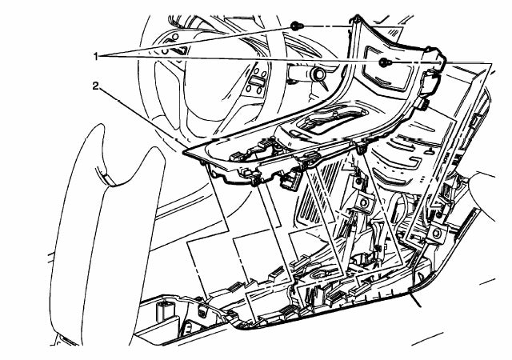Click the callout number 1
[x=95, y=57]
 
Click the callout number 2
[x=95, y=86]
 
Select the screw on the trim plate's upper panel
[x=385, y=62]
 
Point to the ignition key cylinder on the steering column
[x=317, y=75]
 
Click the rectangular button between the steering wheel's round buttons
[x=255, y=80]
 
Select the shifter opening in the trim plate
[x=336, y=121]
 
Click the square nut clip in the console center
[x=363, y=203]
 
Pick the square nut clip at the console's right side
[x=437, y=234]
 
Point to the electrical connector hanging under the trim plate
[x=290, y=182]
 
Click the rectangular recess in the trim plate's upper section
[x=387, y=69]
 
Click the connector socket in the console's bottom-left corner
[x=165, y=312]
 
